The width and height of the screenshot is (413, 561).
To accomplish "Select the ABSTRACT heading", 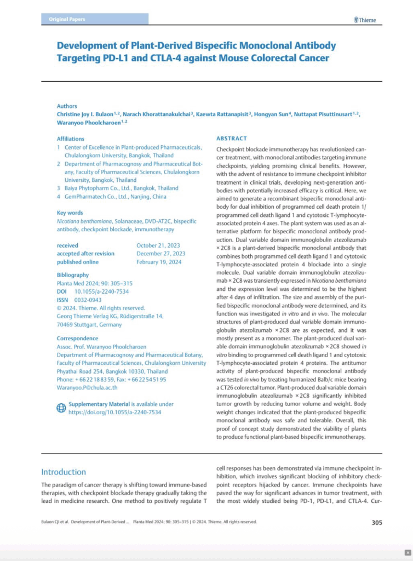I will coord(231,139).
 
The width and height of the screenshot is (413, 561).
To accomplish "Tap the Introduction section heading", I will coord(64,472).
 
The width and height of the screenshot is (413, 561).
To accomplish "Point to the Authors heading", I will coord(67,106).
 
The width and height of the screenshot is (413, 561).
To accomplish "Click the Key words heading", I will coord(70,213).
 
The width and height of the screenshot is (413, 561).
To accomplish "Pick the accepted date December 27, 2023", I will coord(160,254).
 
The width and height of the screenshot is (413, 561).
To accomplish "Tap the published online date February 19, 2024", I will coord(159,262).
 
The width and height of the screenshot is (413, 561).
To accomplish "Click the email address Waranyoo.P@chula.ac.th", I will coord(87,387).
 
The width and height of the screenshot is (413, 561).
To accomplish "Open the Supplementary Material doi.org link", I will coord(114,413).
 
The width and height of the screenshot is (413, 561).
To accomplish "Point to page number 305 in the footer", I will coord(376,522).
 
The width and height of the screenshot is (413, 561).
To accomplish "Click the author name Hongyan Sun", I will coord(274,114).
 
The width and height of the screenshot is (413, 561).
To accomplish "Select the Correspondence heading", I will coord(77,339).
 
